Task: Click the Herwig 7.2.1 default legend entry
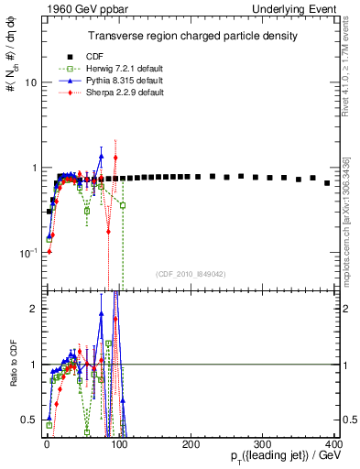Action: [115, 69]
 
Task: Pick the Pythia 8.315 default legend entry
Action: [114, 81]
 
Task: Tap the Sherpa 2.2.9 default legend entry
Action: [114, 93]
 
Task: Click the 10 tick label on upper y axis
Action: [30, 82]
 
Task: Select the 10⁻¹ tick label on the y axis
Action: [28, 252]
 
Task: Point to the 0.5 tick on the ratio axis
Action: [29, 420]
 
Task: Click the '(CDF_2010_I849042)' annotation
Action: [191, 272]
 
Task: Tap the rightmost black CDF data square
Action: [327, 183]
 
